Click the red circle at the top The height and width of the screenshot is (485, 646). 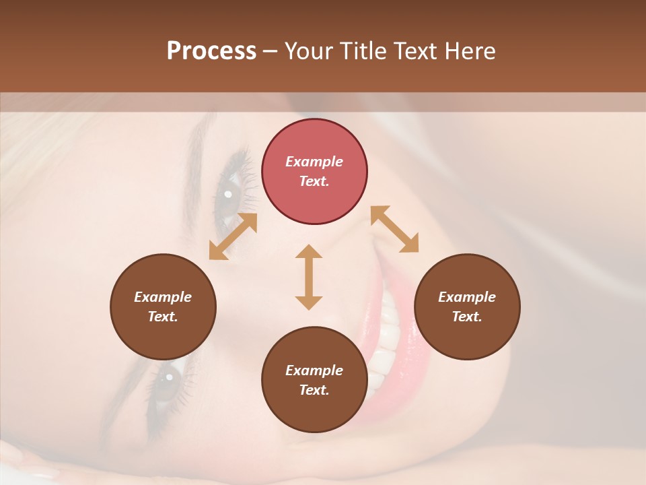point(314,172)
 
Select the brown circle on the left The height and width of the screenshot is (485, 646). point(163,307)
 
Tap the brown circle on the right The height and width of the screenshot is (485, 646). point(467,307)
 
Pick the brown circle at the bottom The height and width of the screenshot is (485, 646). point(314,380)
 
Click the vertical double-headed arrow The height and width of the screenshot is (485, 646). point(309,277)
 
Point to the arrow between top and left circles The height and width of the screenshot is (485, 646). point(233,236)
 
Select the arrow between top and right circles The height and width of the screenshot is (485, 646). point(394,229)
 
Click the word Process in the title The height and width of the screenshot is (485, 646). point(211,51)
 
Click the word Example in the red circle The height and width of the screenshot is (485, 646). point(314,162)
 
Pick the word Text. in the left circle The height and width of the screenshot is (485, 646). point(163,317)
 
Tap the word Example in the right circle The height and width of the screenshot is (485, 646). point(467,297)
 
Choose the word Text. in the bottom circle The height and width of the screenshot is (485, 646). point(314,390)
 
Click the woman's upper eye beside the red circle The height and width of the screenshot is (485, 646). point(227,195)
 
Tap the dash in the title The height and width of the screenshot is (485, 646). point(270,51)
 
